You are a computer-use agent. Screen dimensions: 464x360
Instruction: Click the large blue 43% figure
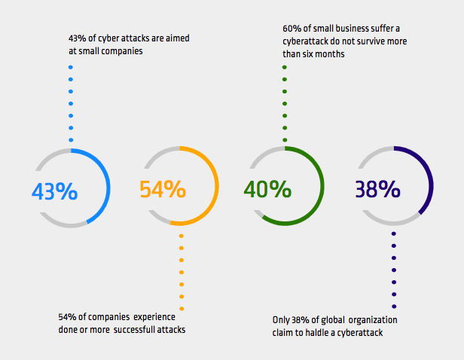(x=55, y=191)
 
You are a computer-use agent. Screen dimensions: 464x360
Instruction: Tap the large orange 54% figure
(x=163, y=189)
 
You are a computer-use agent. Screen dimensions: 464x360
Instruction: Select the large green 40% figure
(x=267, y=189)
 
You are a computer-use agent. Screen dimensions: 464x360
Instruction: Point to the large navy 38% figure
(x=377, y=189)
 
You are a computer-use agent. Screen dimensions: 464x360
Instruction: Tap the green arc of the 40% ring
(x=322, y=186)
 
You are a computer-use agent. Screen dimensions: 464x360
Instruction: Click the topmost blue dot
(x=71, y=67)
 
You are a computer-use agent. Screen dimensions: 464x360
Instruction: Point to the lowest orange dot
(x=182, y=309)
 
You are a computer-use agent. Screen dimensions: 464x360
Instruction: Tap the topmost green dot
(x=285, y=67)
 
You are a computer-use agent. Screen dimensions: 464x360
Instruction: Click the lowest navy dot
(x=394, y=307)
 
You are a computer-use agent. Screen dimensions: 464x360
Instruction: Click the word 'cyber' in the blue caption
(x=108, y=38)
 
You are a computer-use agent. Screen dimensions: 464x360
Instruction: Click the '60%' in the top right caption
(x=292, y=29)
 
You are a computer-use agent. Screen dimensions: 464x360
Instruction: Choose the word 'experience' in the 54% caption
(x=154, y=317)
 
